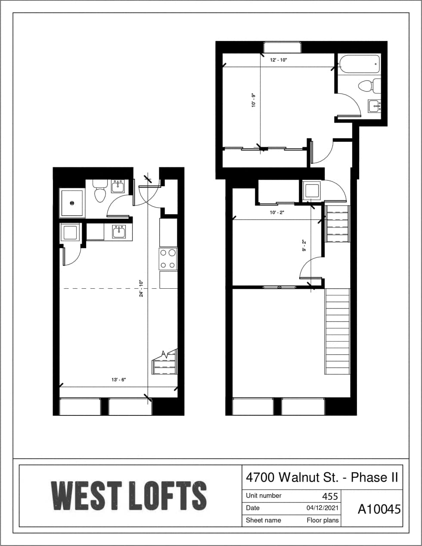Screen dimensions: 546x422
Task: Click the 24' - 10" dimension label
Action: [x=141, y=289]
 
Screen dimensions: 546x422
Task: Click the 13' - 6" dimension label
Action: [x=118, y=380]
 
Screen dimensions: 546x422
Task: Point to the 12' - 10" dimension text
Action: [x=278, y=60]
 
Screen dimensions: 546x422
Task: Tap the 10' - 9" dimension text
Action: [x=254, y=101]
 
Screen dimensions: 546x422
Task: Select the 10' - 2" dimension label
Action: [x=277, y=212]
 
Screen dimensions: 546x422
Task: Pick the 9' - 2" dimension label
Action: [x=304, y=246]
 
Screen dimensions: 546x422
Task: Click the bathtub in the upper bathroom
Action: [x=359, y=64]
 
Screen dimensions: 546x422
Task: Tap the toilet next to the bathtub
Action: [x=369, y=86]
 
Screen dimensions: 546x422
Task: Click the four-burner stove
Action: [x=168, y=259]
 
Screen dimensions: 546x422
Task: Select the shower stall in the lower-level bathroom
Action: [x=72, y=203]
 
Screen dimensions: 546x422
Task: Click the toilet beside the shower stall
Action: [x=100, y=191]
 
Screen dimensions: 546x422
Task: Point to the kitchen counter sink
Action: [x=119, y=232]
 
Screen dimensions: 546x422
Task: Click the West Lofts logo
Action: [x=129, y=496]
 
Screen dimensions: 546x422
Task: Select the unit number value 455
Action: [x=330, y=496]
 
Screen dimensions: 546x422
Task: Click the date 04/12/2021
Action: [x=323, y=508]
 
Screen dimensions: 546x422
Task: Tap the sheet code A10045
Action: [x=379, y=509]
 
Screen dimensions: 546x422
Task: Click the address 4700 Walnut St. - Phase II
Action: [x=322, y=477]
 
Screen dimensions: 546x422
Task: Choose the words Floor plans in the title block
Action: [x=323, y=520]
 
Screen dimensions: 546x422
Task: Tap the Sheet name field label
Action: [x=263, y=520]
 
